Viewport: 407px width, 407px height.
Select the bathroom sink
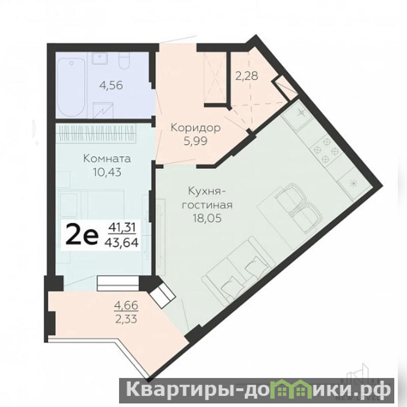[99, 59]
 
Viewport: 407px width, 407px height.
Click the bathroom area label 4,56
[111, 85]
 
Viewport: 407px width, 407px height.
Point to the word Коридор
[195, 128]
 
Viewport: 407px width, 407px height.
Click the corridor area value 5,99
[195, 141]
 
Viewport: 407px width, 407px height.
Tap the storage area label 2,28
[247, 76]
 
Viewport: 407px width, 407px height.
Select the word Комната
[107, 158]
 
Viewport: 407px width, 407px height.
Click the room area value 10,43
[107, 172]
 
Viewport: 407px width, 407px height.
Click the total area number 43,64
[121, 243]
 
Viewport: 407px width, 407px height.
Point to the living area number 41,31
[122, 227]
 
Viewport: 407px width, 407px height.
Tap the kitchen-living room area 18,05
[207, 218]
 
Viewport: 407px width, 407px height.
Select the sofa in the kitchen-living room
[238, 270]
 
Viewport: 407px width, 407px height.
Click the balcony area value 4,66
[126, 306]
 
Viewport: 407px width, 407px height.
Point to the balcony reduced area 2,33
[126, 319]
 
